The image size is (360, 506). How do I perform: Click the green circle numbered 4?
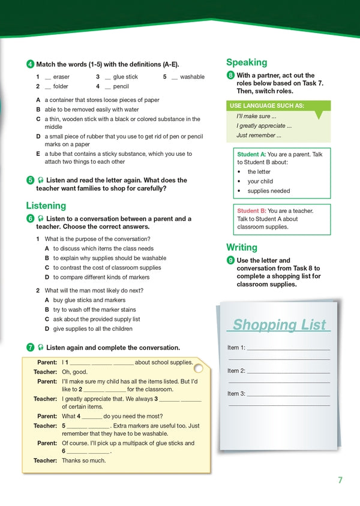[30, 64]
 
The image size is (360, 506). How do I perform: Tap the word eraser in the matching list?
[61, 77]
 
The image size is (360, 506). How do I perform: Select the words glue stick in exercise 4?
[125, 77]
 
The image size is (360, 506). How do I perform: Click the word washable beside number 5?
[192, 77]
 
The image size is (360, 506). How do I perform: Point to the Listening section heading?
[46, 206]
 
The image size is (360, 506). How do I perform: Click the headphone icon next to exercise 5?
[40, 180]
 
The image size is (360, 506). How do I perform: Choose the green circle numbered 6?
[30, 219]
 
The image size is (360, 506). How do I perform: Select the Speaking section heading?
[247, 62]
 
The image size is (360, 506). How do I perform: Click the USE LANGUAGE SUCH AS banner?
[266, 106]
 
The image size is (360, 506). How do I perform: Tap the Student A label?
[251, 154]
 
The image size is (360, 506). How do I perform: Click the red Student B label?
[251, 210]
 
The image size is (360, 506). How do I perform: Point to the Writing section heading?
[242, 247]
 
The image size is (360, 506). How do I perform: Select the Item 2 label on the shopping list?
[236, 371]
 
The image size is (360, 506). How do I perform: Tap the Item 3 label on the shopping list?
[236, 394]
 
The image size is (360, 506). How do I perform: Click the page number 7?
[340, 480]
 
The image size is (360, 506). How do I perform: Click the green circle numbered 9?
[230, 260]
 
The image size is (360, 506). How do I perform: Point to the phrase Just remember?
[256, 135]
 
